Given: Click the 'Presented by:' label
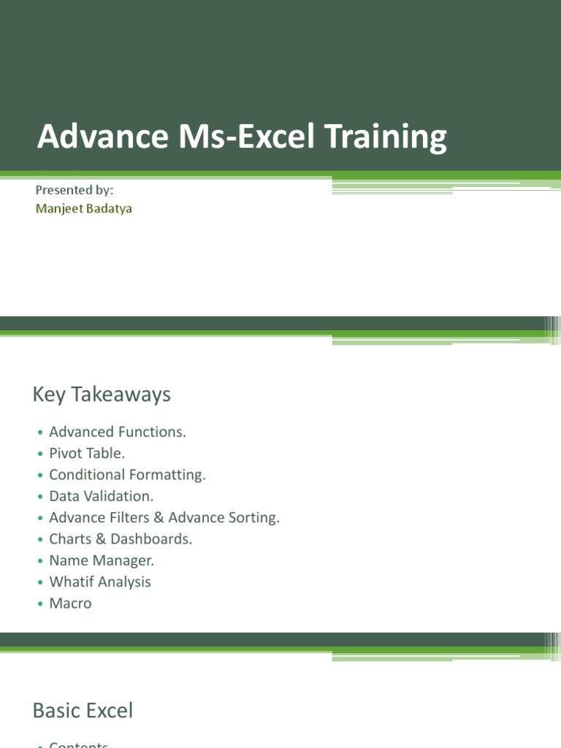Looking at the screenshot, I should [x=75, y=190].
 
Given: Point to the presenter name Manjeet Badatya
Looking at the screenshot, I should [x=84, y=208].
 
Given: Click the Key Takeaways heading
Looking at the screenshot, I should [x=102, y=394].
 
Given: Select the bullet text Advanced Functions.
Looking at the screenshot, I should [x=118, y=432].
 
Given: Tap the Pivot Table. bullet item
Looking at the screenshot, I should [x=87, y=453].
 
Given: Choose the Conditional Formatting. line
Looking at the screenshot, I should [x=127, y=475].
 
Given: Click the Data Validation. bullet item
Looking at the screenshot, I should [x=101, y=496].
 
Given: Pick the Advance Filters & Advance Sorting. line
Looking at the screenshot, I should [x=164, y=517].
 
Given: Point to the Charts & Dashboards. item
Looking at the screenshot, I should [x=121, y=539].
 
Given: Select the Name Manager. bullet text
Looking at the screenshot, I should [x=102, y=560].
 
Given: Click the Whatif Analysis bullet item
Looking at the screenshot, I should [x=100, y=581].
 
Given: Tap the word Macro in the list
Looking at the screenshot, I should [x=70, y=603].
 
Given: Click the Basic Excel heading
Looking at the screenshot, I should [x=83, y=710].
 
